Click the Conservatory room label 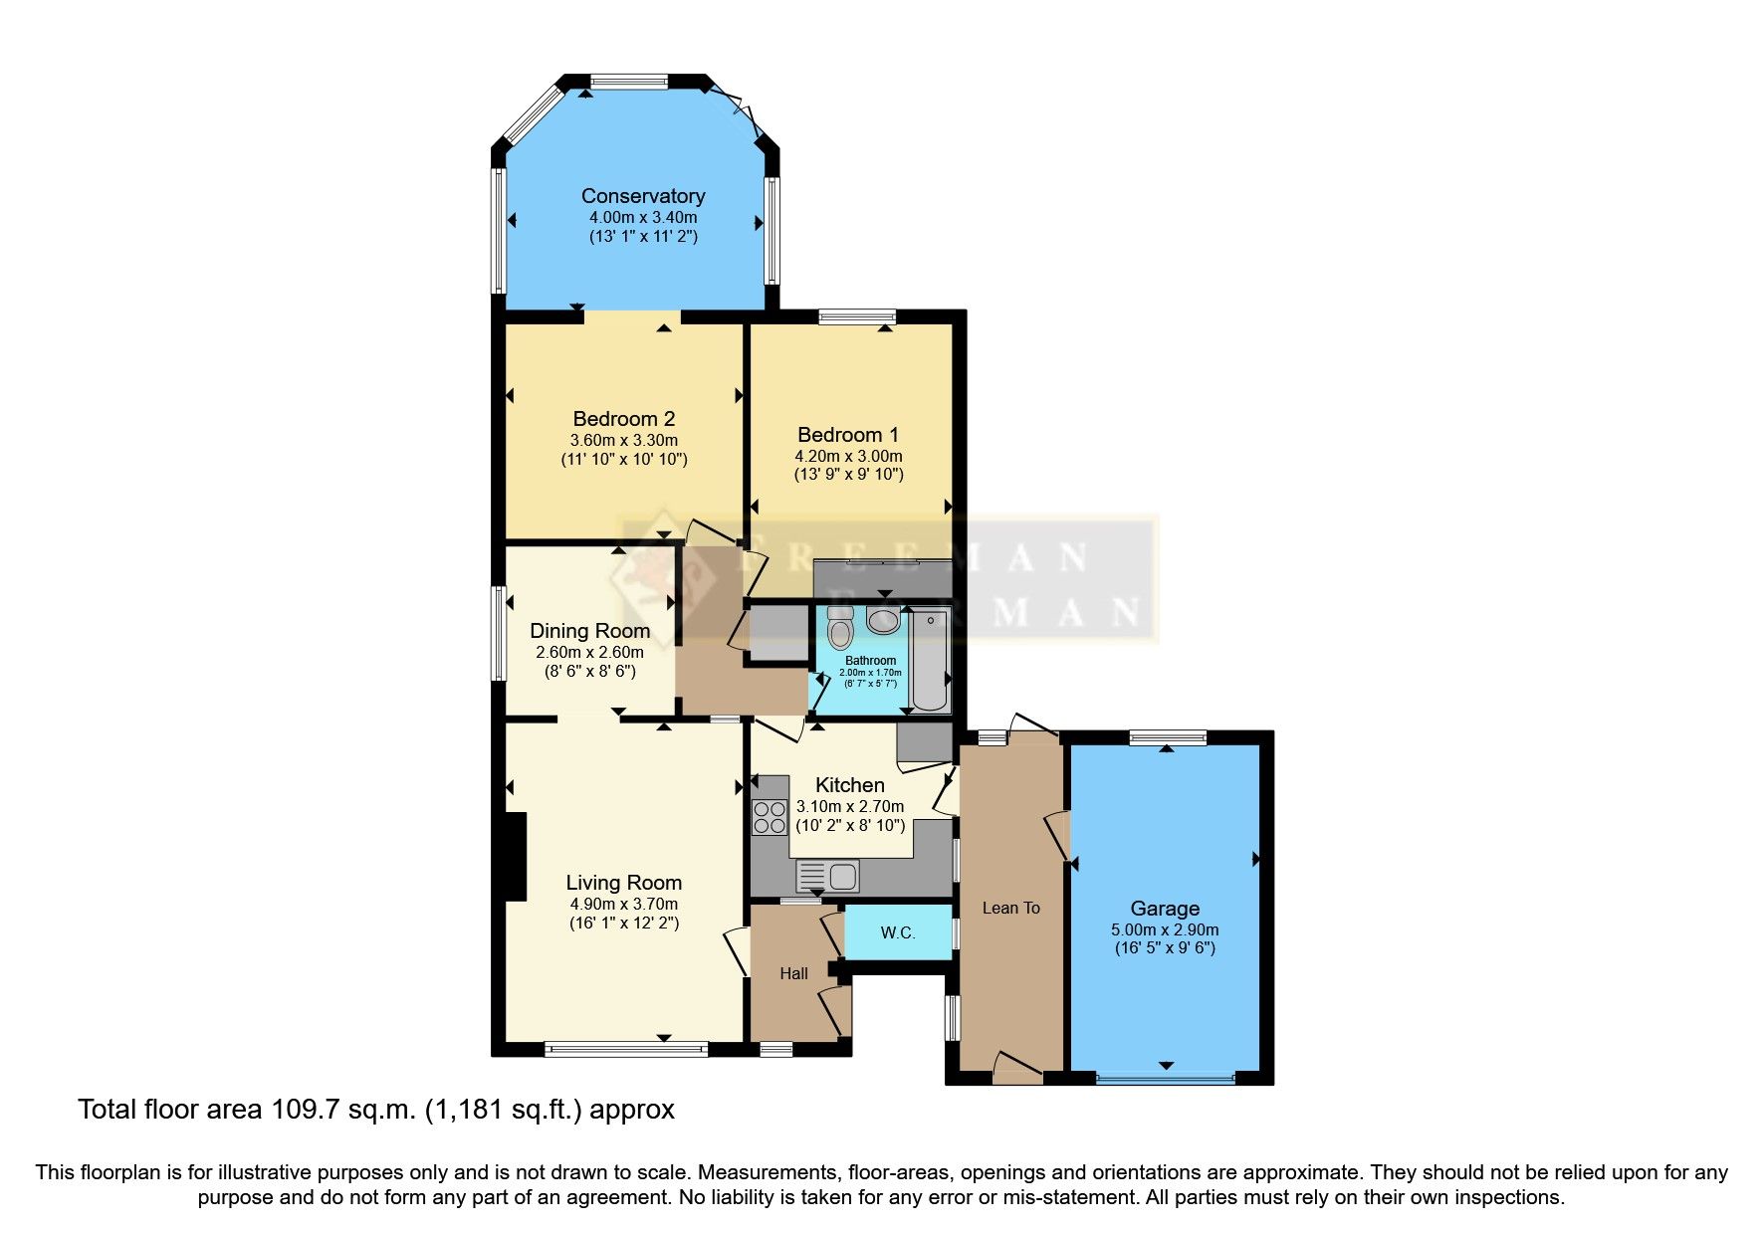643,196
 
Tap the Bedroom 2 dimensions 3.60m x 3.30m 623,440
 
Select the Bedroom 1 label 847,435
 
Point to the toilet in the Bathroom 840,628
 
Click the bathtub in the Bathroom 930,661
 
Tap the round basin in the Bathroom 882,621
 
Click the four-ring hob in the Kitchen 770,817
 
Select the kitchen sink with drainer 828,877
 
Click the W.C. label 897,932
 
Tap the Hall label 793,973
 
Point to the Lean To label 1010,908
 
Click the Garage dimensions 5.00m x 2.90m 1165,929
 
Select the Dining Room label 589,631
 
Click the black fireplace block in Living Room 515,857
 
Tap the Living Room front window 626,1048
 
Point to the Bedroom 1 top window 856,317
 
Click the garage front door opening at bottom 1165,1077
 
